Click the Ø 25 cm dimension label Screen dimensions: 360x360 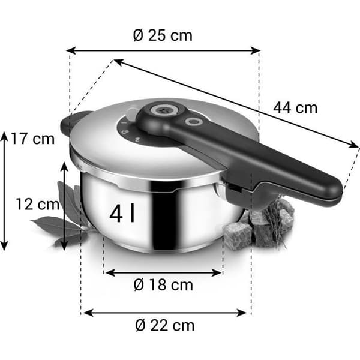tap(163, 35)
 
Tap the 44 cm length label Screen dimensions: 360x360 tap(295, 107)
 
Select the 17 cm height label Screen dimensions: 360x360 tap(32, 139)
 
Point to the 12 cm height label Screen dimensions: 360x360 tap(37, 204)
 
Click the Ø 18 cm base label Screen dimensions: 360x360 tap(163, 285)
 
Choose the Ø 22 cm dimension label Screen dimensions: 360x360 tap(165, 325)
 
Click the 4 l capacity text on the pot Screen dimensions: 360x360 tap(122, 214)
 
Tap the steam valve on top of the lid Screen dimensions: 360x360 tap(164, 110)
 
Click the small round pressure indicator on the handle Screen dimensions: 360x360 tap(194, 121)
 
